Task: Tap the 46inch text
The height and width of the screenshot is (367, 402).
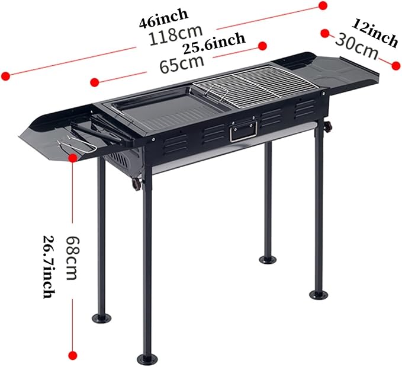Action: pos(163,17)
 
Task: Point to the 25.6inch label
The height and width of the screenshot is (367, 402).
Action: pos(214,43)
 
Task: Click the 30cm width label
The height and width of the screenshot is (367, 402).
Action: pos(356,46)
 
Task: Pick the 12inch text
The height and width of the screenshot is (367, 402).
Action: pos(375,33)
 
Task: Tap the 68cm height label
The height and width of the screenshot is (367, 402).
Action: pos(72,258)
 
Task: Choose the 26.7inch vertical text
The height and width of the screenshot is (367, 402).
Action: pos(49,267)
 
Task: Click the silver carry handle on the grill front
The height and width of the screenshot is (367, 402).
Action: pos(243,131)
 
